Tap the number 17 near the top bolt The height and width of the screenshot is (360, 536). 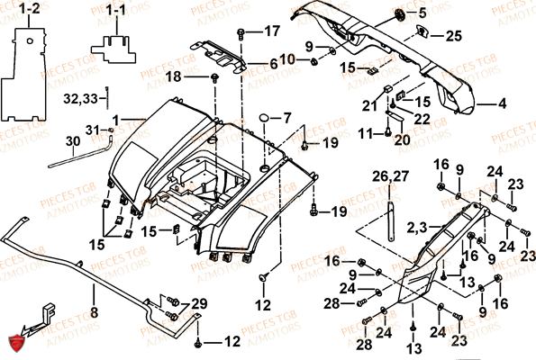click(271, 31)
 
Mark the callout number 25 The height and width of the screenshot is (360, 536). click(452, 36)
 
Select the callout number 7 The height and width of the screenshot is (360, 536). click(287, 117)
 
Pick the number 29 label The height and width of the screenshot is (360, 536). click(198, 303)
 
